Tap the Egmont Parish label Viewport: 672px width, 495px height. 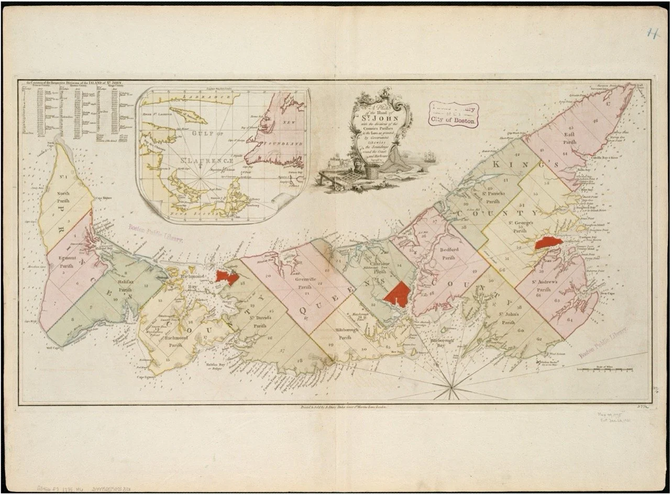pyautogui.click(x=64, y=261)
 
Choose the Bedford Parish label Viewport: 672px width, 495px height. pyautogui.click(x=449, y=253)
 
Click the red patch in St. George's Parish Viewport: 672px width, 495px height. pyautogui.click(x=548, y=243)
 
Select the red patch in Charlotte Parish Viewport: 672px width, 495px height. pyautogui.click(x=398, y=294)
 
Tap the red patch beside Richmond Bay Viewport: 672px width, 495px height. pyautogui.click(x=227, y=277)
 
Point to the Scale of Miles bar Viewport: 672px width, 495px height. pyautogui.click(x=608, y=370)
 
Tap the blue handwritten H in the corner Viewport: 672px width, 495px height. pyautogui.click(x=653, y=34)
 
